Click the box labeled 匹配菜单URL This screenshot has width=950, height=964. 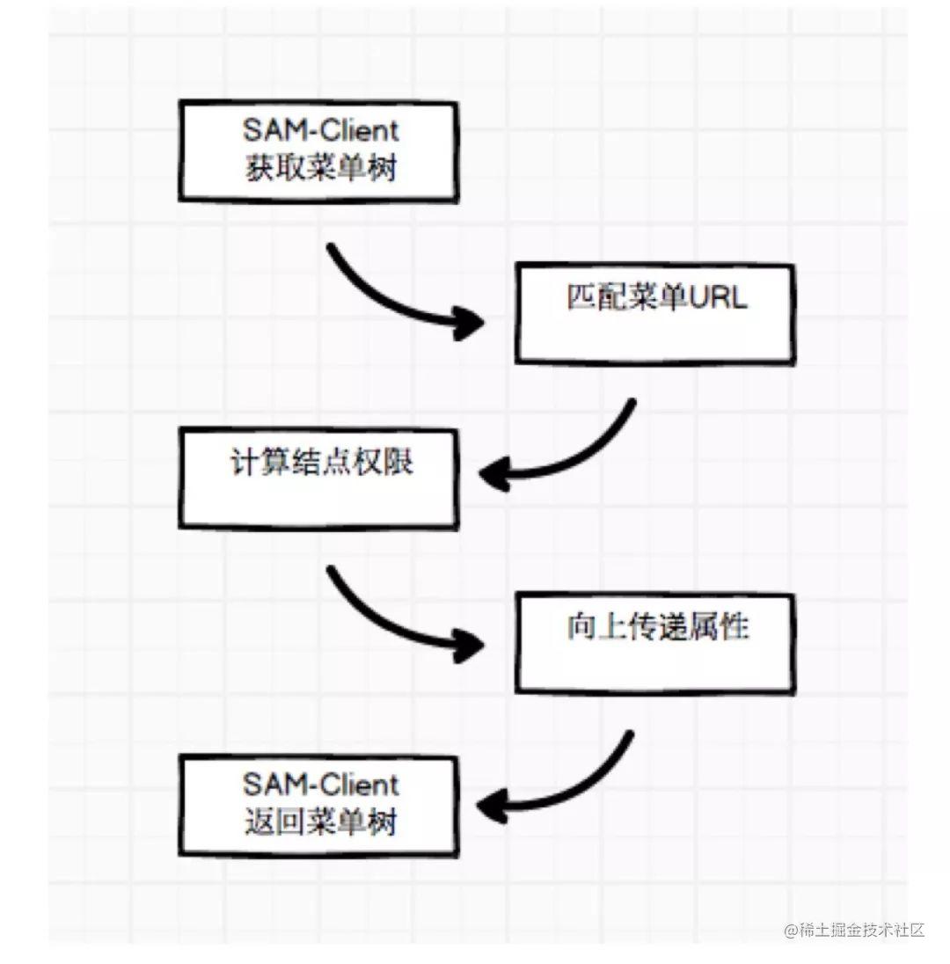(654, 313)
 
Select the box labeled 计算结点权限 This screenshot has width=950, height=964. (318, 478)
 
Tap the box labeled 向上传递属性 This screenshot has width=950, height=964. (654, 643)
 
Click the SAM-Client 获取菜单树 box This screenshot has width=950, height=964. (318, 151)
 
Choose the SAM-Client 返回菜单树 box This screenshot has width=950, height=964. (318, 806)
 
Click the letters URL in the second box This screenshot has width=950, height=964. (718, 297)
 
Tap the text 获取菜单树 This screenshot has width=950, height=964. (321, 167)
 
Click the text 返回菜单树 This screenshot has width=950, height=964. (321, 822)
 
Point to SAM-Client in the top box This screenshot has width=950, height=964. (321, 130)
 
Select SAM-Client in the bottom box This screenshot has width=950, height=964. (321, 785)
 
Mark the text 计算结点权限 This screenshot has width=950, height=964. (322, 463)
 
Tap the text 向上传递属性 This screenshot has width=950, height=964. (658, 627)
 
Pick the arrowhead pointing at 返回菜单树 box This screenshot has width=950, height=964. (492, 806)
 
